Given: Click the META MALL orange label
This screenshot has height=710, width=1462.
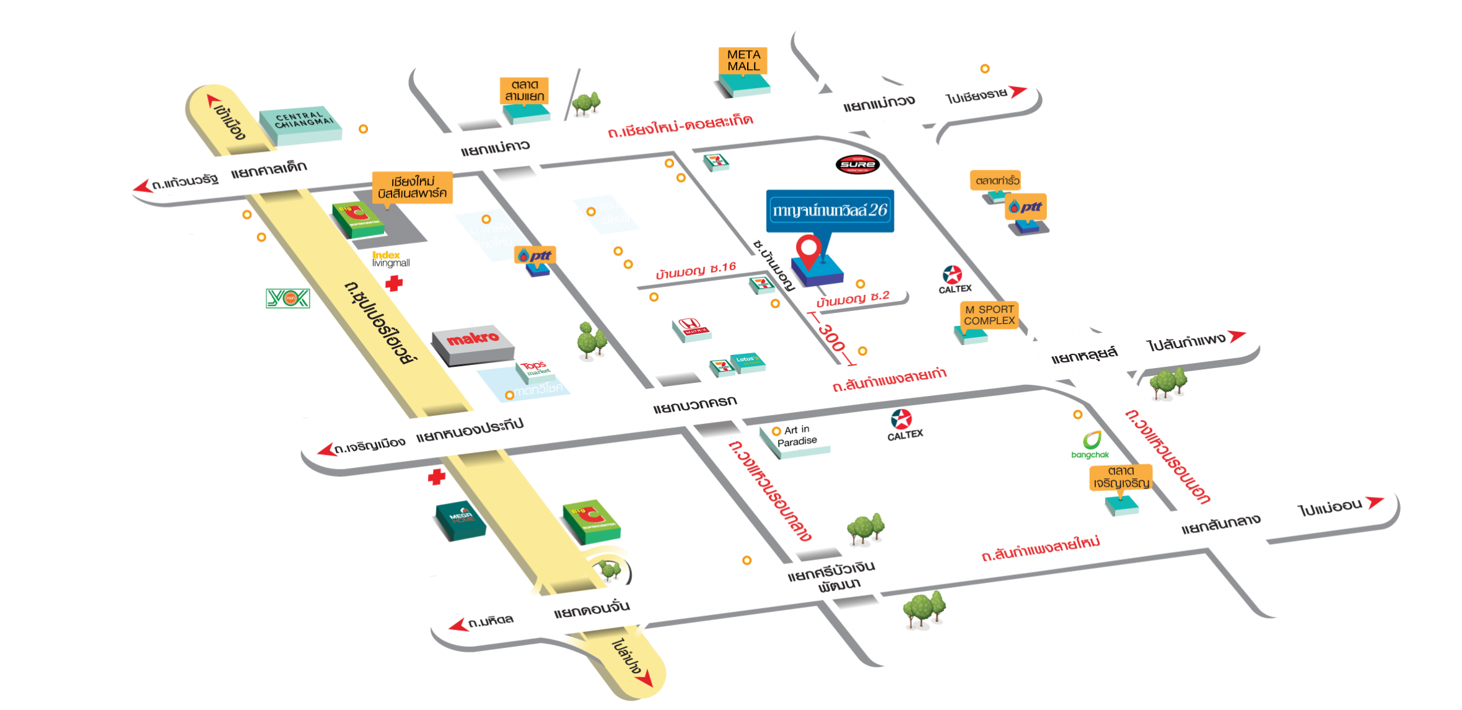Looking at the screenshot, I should click(x=743, y=61).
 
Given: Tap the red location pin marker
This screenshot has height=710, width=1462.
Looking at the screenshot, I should click(x=808, y=250).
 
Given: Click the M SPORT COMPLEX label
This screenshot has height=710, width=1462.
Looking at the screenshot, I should click(x=989, y=315).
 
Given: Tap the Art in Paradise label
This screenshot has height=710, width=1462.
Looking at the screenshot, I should click(x=797, y=436).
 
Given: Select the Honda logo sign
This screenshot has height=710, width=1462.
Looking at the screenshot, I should click(x=690, y=325).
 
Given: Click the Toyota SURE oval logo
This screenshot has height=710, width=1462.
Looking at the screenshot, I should click(x=858, y=164).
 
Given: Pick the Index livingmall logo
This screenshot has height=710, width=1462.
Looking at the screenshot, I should click(x=391, y=259).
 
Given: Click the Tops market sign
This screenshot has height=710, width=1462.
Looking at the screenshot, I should click(x=533, y=367).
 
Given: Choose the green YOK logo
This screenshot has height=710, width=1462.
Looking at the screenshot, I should click(x=287, y=299).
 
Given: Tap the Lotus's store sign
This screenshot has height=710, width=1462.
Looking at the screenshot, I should click(x=747, y=360).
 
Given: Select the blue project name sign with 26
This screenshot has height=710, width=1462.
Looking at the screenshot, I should click(x=830, y=211).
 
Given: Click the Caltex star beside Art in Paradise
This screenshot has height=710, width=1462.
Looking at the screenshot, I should click(x=901, y=419).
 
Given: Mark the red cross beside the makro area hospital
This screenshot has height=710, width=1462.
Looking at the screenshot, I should click(x=394, y=284).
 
